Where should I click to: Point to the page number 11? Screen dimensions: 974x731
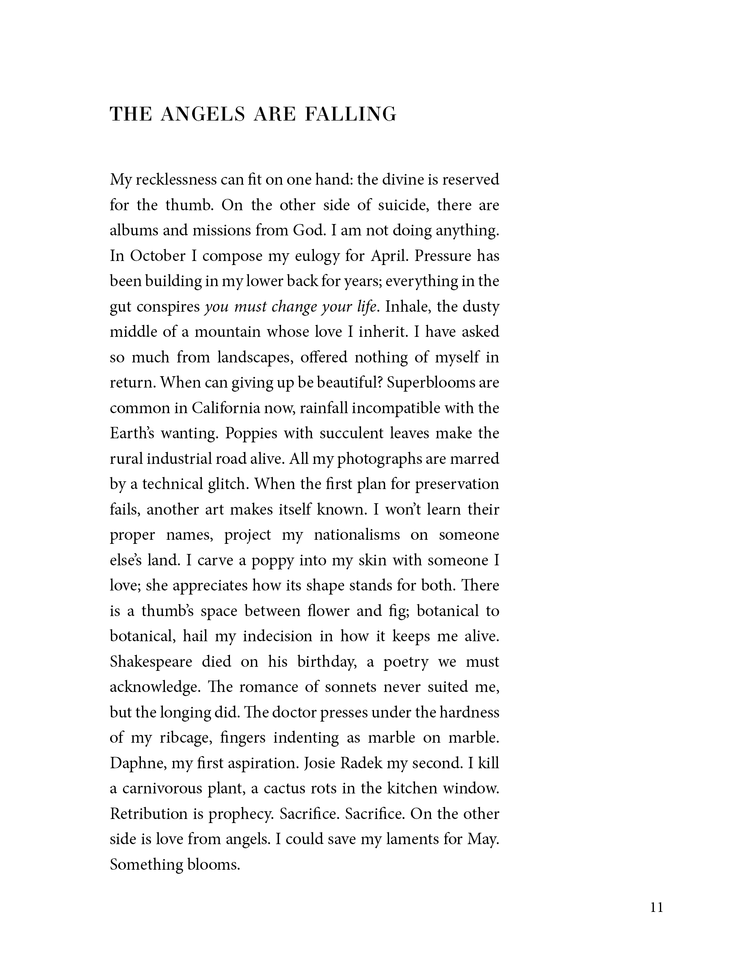pyautogui.click(x=657, y=907)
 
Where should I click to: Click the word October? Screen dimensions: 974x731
pyautogui.click(x=157, y=256)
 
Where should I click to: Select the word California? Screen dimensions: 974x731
pyautogui.click(x=225, y=408)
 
